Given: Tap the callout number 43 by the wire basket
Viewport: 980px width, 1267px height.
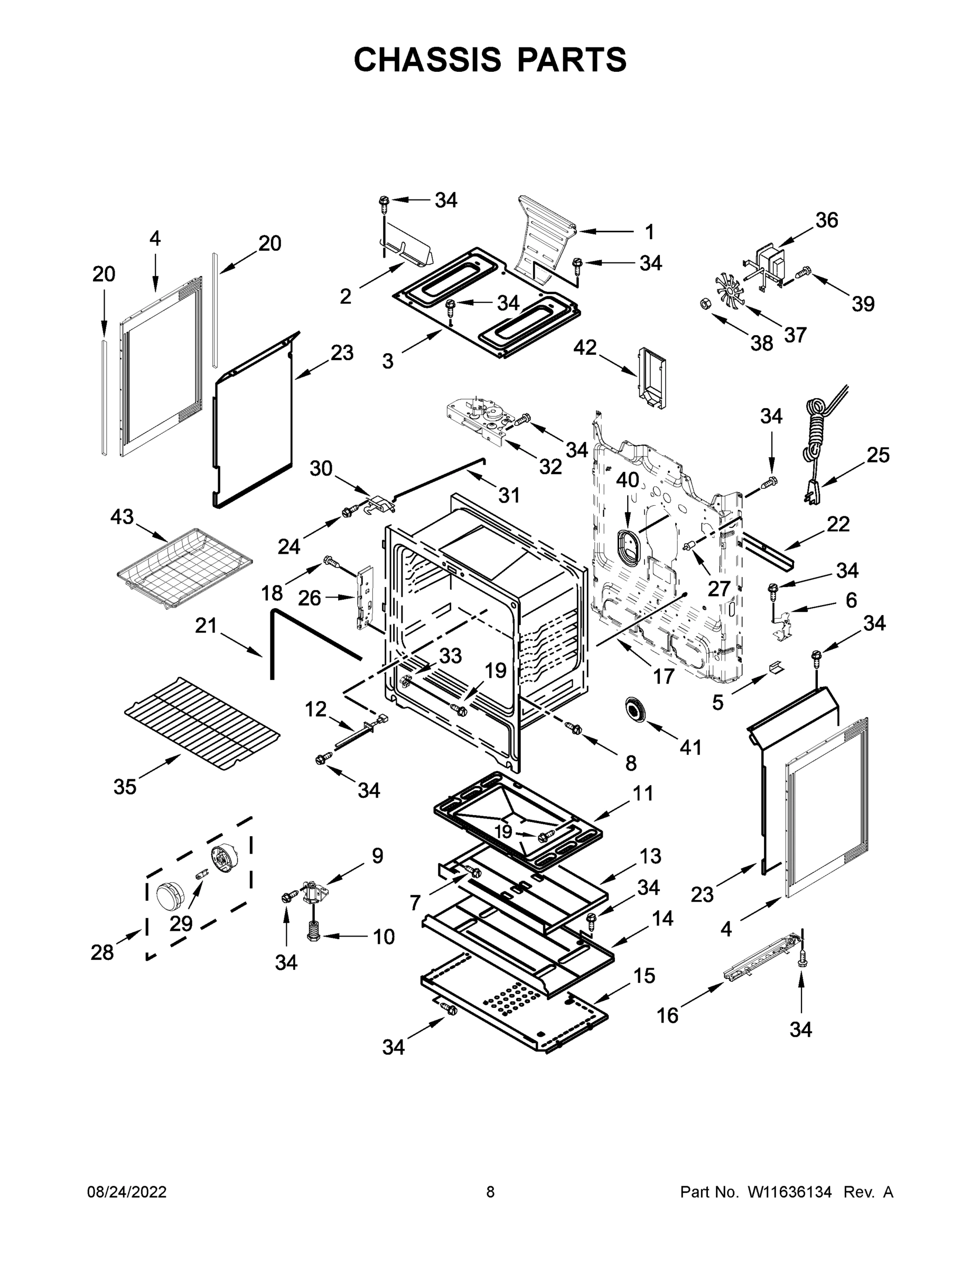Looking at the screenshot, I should pos(122,516).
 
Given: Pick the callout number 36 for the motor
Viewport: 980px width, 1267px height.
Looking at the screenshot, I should pos(827,221).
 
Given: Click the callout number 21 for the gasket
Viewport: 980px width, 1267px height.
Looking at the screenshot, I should pos(206,626).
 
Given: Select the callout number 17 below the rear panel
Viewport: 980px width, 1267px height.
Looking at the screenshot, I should pos(664,676).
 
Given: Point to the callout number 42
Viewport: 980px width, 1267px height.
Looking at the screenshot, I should pos(585,347).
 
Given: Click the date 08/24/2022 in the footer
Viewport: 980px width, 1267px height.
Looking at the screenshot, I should pos(127,1192).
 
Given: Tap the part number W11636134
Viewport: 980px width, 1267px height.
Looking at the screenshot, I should pos(790,1192).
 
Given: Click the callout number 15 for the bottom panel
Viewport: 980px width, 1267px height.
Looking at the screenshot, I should pos(644,976).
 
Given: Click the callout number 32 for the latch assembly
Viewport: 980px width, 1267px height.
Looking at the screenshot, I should pos(550,467).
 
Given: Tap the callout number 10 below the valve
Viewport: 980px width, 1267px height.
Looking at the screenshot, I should pos(384,937).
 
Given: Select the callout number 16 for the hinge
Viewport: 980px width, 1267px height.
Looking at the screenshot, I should pos(668,1016).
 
